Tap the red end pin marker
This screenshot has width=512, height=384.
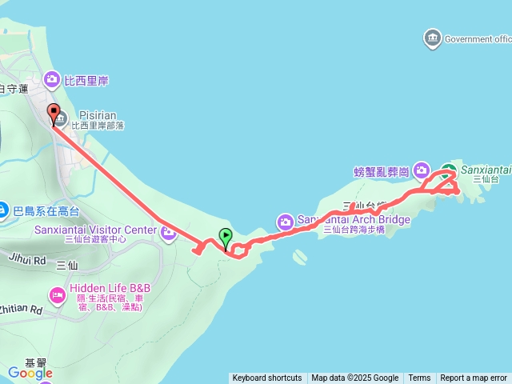[54, 114]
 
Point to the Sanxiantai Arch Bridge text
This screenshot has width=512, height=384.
[354, 219]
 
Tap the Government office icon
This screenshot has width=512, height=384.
[433, 38]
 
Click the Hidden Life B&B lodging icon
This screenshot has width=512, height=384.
[57, 294]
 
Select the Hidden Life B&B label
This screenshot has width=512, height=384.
[110, 289]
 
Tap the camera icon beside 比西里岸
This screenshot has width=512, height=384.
[52, 79]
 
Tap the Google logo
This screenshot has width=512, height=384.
[30, 373]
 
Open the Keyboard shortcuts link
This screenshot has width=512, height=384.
[267, 378]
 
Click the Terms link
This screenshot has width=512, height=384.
[419, 378]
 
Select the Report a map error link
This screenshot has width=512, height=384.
[474, 378]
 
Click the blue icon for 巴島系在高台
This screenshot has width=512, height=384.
[4, 211]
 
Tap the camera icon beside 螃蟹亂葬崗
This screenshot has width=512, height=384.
[423, 170]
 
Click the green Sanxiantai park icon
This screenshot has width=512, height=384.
[449, 170]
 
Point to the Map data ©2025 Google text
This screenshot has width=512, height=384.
[355, 378]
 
